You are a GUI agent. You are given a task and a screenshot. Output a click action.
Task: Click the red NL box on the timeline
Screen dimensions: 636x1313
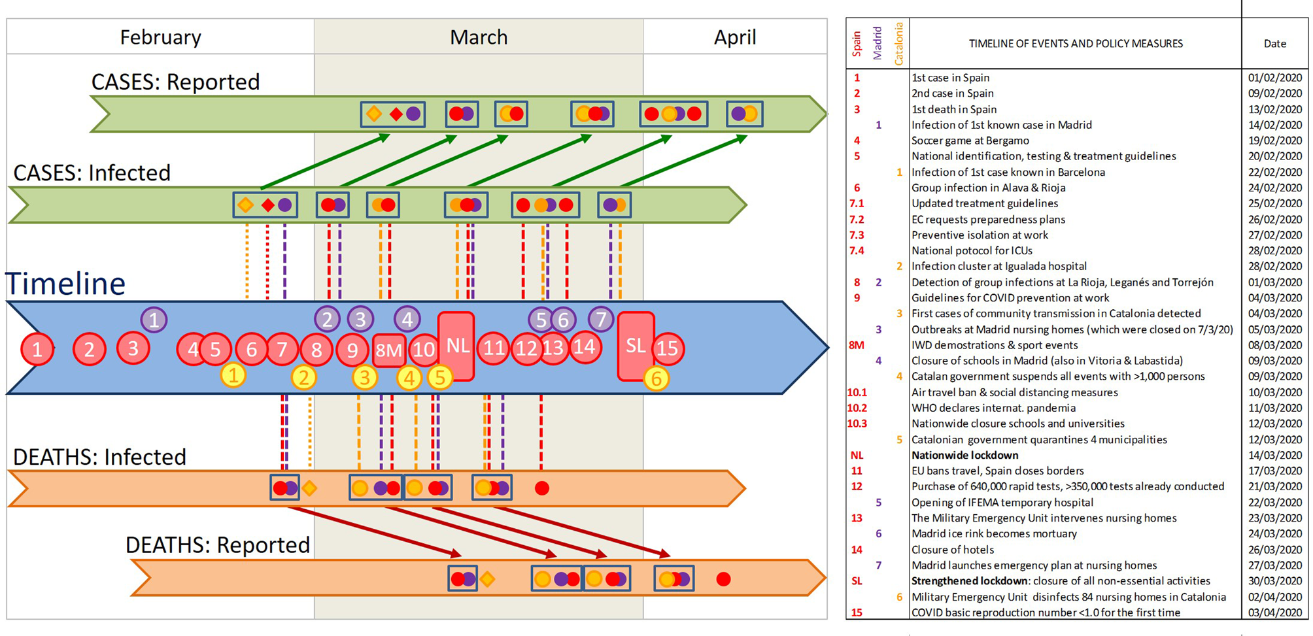tap(456, 346)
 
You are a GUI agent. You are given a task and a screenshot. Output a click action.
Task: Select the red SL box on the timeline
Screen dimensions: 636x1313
tap(636, 346)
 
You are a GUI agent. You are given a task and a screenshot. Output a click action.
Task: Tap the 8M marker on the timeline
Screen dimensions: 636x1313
tap(388, 350)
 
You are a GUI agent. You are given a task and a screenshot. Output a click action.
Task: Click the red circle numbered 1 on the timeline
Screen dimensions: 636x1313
tap(37, 349)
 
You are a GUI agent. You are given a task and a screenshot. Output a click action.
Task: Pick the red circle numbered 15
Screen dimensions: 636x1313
tap(667, 348)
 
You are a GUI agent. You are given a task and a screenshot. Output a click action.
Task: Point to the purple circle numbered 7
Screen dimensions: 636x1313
tap(601, 319)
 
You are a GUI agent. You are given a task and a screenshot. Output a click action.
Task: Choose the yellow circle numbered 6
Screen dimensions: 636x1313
tap(656, 378)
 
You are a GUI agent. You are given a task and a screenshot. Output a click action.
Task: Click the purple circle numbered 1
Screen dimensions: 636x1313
tap(154, 320)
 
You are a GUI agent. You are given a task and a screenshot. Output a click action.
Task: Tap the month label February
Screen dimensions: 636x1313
tap(160, 37)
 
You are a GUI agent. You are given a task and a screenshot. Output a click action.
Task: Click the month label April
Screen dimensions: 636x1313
tap(735, 37)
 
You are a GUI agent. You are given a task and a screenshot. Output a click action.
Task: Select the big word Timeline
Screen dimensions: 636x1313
tap(65, 284)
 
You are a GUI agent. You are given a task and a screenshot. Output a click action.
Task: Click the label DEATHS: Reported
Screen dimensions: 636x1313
tap(218, 545)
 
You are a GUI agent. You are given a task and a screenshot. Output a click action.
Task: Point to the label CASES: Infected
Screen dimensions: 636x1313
tap(92, 173)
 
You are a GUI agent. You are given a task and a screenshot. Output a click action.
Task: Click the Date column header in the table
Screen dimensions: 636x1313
tap(1274, 44)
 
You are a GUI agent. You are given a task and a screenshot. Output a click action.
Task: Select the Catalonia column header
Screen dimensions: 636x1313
tap(899, 44)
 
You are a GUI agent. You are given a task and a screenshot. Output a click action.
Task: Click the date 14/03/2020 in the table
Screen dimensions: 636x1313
tap(1274, 455)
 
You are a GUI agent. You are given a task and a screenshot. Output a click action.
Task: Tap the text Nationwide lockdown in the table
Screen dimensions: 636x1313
tap(964, 455)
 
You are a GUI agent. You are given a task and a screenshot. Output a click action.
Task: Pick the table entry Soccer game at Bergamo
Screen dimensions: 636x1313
tap(970, 141)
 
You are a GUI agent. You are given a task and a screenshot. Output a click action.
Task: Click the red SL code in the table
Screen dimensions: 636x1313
tap(857, 581)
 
